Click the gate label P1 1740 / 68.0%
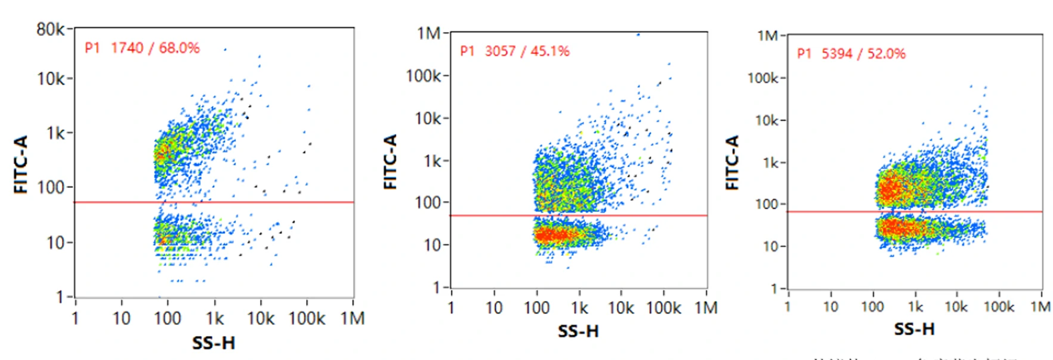coord(142,48)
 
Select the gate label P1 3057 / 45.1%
coord(515,51)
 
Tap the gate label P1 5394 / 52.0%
coord(852,54)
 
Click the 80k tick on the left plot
coord(50,29)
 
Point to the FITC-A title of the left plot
coord(21,165)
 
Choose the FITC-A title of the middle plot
coord(391,161)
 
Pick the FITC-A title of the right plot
coord(732,163)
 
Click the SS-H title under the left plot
coord(213,343)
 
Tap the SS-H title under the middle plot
coord(578,331)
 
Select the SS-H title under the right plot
coord(914,329)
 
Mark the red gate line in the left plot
coord(213,202)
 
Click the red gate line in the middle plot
coord(578,215)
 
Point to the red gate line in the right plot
coord(914,212)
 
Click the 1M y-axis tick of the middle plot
coord(429,33)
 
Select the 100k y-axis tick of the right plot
coord(762,79)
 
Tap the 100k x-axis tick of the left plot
coord(307,319)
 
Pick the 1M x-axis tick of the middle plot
coord(706,308)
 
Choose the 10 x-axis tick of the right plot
coord(830,307)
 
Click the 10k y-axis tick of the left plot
coord(51,79)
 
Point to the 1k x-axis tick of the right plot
coord(916,307)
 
